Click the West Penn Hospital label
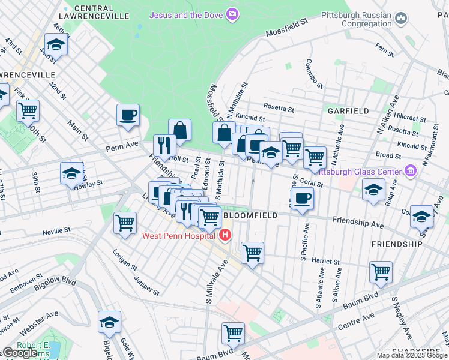tap(179, 235)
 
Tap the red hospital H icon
tap(225, 235)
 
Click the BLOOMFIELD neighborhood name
tap(250, 215)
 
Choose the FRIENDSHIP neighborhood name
tap(397, 244)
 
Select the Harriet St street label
tap(326, 262)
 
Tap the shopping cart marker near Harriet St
tap(252, 252)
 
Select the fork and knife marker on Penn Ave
tap(163, 145)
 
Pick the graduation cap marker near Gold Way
tap(110, 322)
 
